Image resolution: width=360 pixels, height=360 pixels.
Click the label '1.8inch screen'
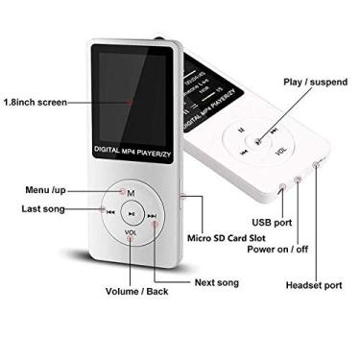36,101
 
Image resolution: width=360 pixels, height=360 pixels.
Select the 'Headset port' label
314,284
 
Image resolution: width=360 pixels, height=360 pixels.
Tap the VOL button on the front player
131,231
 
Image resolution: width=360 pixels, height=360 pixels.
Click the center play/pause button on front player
131,212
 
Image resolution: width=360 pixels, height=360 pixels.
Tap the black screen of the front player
132,91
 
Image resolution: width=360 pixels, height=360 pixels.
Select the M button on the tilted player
240,126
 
